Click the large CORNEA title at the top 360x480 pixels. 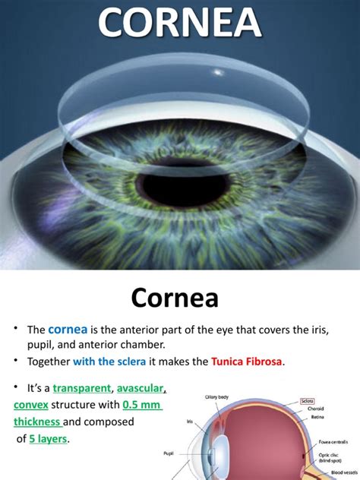pyautogui.click(x=180, y=24)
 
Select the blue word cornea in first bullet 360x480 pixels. pyautogui.click(x=69, y=330)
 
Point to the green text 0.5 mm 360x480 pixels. pyautogui.click(x=147, y=404)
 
